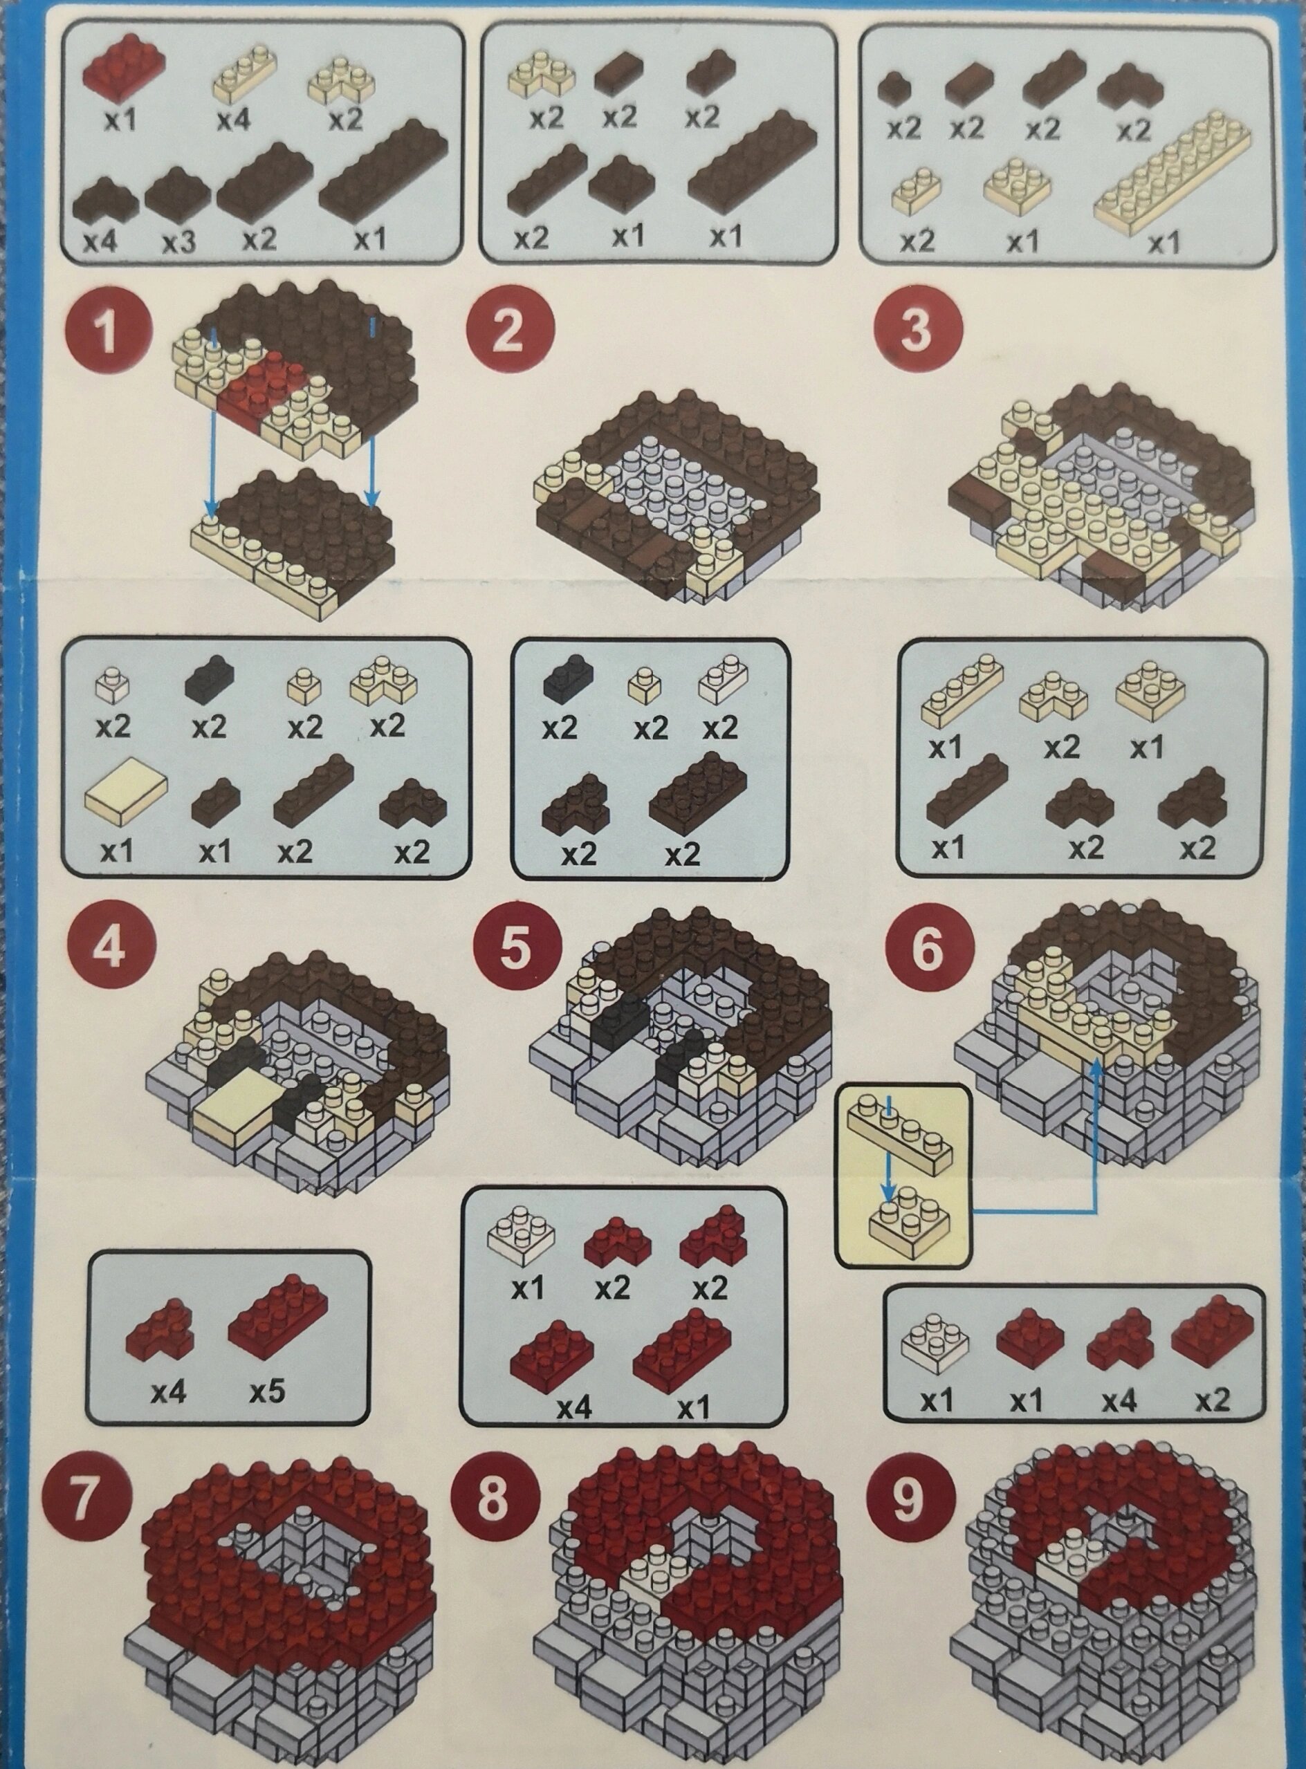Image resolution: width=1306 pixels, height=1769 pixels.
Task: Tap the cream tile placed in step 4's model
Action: coord(237,1107)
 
